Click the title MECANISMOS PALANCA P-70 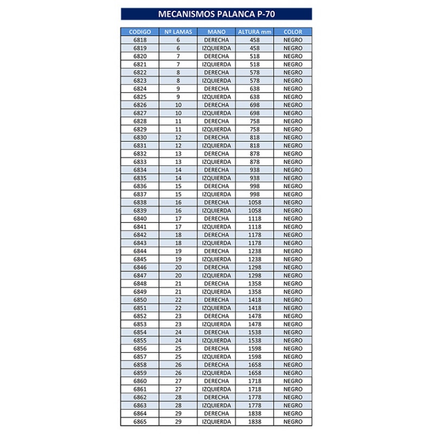216,14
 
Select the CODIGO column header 139,32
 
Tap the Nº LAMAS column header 178,32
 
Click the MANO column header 216,32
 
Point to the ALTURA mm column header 255,32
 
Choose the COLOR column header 293,32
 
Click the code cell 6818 139,40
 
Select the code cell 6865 139,422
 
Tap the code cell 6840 139,219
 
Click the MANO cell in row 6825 216,97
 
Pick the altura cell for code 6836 255,186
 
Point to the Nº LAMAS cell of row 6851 178,308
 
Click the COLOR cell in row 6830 293,138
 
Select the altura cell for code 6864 255,413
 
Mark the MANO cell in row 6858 216,365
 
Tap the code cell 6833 139,162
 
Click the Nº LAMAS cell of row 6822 178,73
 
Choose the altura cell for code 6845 255,259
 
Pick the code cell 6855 139,341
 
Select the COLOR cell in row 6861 293,389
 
